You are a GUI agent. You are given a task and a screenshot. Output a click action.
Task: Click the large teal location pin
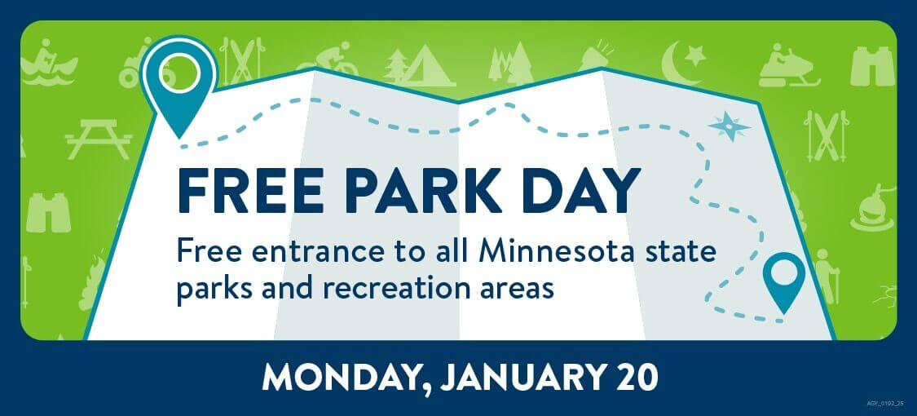tap(180, 82)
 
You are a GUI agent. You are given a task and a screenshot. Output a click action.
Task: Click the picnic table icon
tap(99, 138)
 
